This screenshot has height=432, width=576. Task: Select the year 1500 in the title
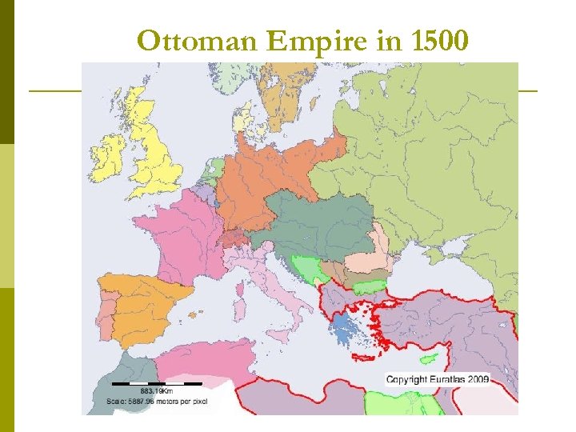point(433,41)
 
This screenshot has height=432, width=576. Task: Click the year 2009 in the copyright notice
point(477,378)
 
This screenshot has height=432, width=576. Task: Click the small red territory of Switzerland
point(237,238)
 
